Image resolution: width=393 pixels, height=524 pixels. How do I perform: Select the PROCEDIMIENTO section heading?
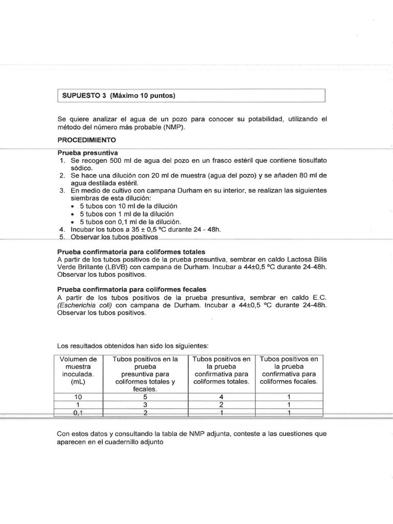86,139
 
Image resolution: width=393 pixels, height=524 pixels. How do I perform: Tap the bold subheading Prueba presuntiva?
88,153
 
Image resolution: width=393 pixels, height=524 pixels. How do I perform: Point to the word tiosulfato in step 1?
309,161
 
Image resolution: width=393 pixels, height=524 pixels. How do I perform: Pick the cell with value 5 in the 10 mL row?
145,396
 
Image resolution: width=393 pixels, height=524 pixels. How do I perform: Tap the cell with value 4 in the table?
222,396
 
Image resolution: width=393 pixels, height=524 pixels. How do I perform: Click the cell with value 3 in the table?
145,404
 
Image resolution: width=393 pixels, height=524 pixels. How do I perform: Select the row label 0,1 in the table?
78,412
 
